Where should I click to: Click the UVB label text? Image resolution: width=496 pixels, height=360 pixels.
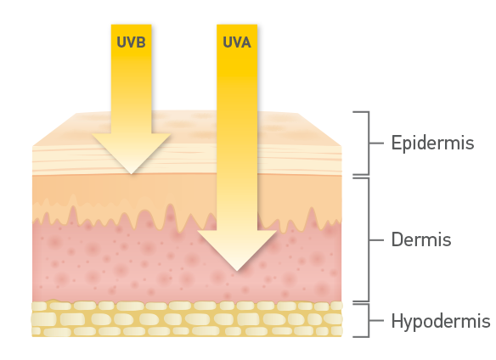pyautogui.click(x=131, y=42)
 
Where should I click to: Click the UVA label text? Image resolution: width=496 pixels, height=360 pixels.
pyautogui.click(x=237, y=42)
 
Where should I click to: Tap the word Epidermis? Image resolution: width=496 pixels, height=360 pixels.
pyautogui.click(x=432, y=143)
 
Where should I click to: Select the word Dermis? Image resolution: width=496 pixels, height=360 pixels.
pyautogui.click(x=421, y=239)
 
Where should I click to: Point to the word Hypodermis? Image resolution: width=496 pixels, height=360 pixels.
pyautogui.click(x=441, y=321)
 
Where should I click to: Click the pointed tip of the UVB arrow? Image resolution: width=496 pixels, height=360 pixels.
pyautogui.click(x=132, y=174)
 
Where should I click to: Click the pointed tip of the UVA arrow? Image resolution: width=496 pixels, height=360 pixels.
pyautogui.click(x=237, y=271)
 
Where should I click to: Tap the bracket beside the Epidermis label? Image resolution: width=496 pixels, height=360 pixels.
pyautogui.click(x=369, y=143)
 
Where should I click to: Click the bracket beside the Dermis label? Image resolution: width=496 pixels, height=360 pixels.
pyautogui.click(x=369, y=240)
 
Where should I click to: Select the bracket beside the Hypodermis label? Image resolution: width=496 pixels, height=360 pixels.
pyautogui.click(x=369, y=320)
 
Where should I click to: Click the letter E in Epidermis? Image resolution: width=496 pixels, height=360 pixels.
pyautogui.click(x=396, y=143)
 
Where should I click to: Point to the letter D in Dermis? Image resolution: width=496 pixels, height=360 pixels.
pyautogui.click(x=397, y=239)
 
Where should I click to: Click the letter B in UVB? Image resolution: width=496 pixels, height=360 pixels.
pyautogui.click(x=141, y=42)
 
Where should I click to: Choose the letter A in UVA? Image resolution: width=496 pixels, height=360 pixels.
pyautogui.click(x=246, y=42)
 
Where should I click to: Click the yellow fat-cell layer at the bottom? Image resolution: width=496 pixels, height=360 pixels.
pyautogui.click(x=187, y=318)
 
